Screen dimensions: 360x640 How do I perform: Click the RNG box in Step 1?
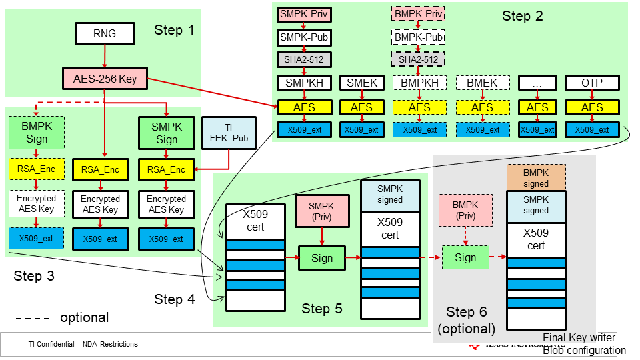coord(105,33)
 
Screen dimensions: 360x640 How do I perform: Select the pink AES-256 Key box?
coord(105,79)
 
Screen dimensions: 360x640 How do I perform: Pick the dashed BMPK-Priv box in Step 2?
coord(418,13)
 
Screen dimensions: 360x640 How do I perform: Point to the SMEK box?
coord(362,83)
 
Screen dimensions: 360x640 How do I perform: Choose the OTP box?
coord(592,83)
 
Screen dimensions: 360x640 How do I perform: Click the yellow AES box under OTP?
coord(592,107)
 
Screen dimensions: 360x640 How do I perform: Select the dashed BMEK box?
coord(483,83)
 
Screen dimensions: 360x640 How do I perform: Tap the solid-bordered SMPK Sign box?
coord(166,133)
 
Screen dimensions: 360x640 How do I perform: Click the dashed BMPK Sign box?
coord(36,133)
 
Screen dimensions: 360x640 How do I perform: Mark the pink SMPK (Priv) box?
coord(322,211)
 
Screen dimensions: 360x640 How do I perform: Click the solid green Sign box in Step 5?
coord(322,258)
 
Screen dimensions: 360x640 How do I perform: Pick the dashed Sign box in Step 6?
coord(465,257)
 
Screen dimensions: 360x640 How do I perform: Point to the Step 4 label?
coord(175,299)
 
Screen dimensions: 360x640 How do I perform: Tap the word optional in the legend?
coord(84,317)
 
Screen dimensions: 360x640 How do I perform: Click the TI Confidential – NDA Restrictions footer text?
coord(83,344)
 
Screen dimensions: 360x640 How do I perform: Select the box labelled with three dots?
coord(537,83)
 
